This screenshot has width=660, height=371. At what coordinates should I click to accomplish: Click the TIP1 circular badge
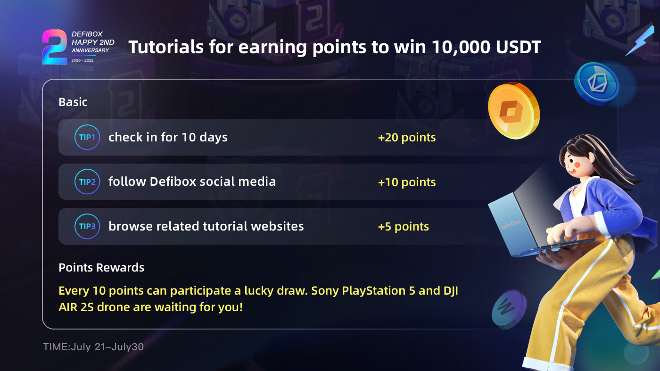coord(87,137)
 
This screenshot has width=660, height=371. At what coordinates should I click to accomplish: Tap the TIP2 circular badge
coord(87,182)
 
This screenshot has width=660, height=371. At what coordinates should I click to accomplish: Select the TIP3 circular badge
coord(87,226)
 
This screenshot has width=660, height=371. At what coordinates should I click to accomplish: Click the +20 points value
coord(406,138)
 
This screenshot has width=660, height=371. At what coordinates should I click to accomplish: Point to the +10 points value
coord(406,182)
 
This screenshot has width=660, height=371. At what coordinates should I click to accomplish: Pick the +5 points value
coord(403,227)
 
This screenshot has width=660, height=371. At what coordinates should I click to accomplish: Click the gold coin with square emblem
coord(513,111)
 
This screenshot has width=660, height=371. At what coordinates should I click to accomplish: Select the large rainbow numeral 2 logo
coord(53,47)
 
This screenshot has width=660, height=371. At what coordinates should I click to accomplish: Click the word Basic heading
coord(73,102)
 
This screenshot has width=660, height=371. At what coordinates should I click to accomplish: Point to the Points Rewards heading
coord(101,268)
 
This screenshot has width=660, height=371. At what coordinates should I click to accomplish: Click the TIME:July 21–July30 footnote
coord(93,347)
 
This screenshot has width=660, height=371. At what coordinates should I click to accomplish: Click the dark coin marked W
coord(509,309)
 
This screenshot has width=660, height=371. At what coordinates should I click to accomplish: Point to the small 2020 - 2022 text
coord(82,61)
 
